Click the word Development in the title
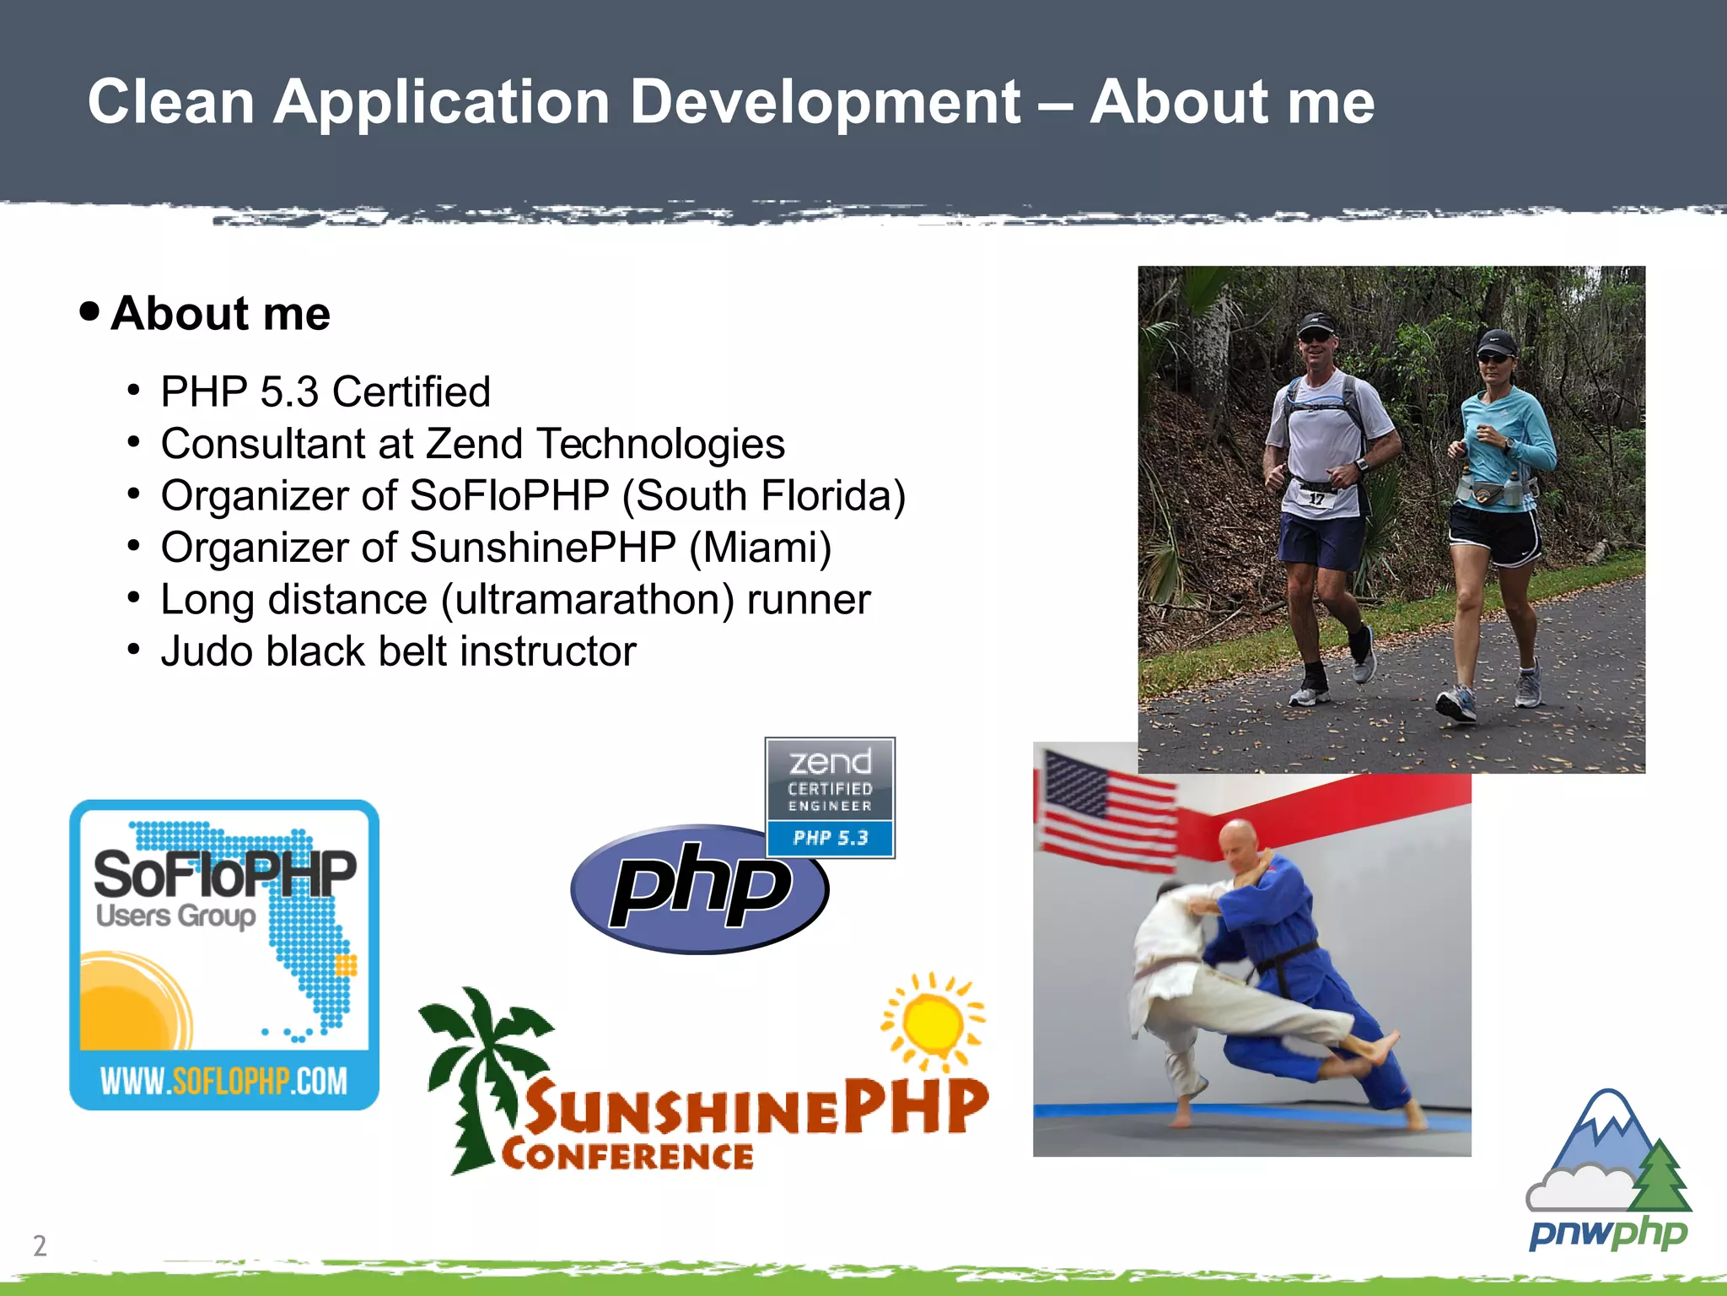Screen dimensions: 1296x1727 click(825, 103)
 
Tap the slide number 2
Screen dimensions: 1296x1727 click(40, 1245)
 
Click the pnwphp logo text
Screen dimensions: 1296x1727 click(1607, 1234)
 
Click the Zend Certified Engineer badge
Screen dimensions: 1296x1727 click(830, 796)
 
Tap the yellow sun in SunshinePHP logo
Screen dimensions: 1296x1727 click(932, 1021)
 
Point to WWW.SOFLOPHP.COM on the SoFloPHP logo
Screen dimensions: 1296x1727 click(223, 1080)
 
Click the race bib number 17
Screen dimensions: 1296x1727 click(1316, 499)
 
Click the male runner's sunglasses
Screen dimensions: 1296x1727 click(1315, 337)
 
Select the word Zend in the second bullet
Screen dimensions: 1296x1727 click(475, 444)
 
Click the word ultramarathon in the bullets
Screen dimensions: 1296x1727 click(587, 600)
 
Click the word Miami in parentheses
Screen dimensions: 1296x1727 click(759, 548)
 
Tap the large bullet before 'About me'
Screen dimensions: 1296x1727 click(89, 311)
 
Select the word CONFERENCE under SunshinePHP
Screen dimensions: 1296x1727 click(627, 1155)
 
